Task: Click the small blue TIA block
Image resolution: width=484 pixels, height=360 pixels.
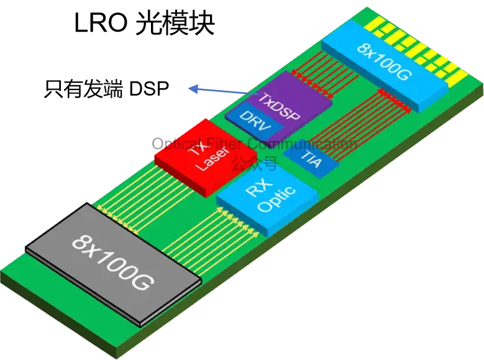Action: tap(311, 159)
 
